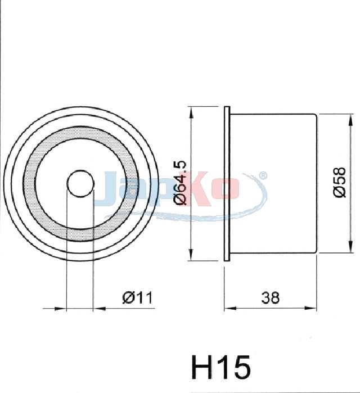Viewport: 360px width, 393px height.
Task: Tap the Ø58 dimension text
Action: tap(340, 182)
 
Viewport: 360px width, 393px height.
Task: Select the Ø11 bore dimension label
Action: tap(137, 298)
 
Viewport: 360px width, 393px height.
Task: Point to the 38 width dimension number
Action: tap(270, 298)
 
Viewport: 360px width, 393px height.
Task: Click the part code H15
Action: tap(221, 368)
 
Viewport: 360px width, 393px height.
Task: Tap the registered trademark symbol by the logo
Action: tap(263, 175)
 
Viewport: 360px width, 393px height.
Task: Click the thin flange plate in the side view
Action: tap(227, 184)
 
